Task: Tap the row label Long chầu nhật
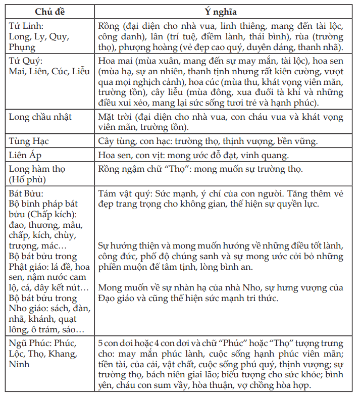(x=40, y=117)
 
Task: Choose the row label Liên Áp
(x=28, y=155)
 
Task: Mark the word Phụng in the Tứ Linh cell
(x=22, y=47)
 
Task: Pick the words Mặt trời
(x=116, y=117)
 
